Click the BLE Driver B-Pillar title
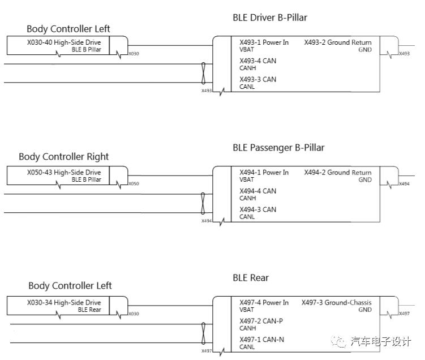[x=270, y=18]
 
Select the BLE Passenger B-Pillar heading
[x=278, y=148]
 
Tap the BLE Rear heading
[x=251, y=278]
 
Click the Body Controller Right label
[x=63, y=157]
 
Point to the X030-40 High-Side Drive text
[x=64, y=42]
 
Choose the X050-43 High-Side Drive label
[x=64, y=173]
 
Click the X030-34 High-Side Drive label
[x=64, y=303]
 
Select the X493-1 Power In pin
[x=264, y=42]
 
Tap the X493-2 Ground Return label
[x=338, y=42]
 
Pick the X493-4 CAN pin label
[x=257, y=61]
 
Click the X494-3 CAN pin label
[x=257, y=210]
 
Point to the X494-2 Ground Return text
[x=338, y=173]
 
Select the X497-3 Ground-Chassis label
[x=337, y=303]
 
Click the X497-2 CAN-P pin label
[x=261, y=322]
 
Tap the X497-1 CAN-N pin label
[x=261, y=340]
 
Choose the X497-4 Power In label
[x=264, y=303]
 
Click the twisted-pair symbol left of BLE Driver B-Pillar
[x=203, y=72]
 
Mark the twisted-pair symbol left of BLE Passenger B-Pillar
[x=203, y=203]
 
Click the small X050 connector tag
[x=134, y=184]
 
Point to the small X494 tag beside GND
[x=404, y=184]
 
